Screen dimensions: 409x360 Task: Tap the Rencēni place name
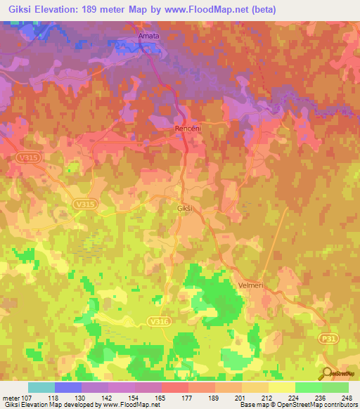[x=187, y=130]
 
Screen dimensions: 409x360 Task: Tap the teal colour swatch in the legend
[x=41, y=387]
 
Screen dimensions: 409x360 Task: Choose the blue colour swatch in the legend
[x=68, y=387]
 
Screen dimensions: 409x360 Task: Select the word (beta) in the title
[x=261, y=10]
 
